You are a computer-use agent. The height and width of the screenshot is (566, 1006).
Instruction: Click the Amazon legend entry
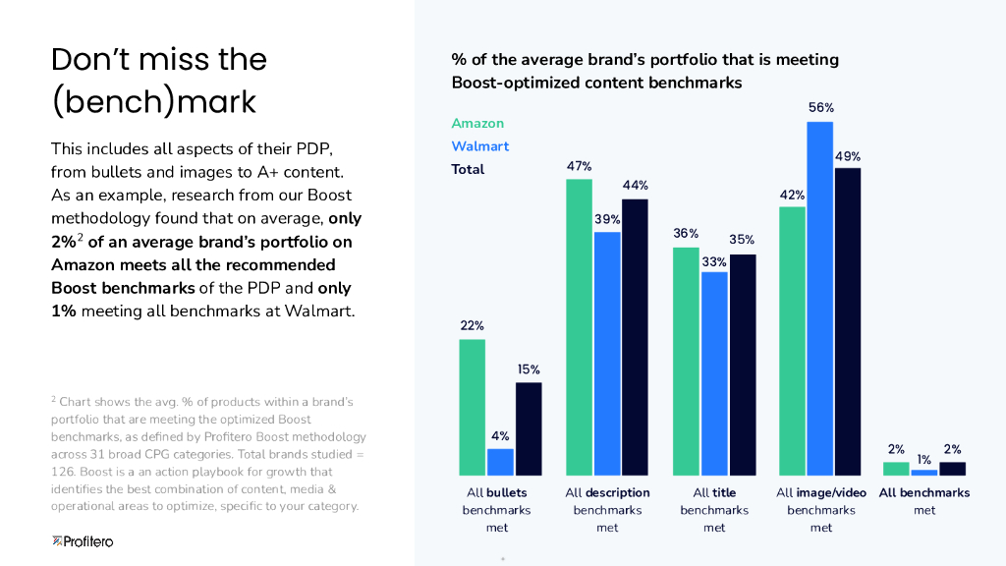pos(477,124)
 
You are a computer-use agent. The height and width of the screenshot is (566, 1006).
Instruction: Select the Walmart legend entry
pos(480,146)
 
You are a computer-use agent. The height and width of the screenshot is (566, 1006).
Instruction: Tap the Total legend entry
pos(468,169)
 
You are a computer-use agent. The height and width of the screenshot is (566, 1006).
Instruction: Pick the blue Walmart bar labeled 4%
pos(501,462)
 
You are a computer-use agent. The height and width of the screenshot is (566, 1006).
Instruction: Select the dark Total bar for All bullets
pos(529,428)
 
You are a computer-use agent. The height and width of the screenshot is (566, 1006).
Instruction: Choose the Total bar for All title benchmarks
pos(743,365)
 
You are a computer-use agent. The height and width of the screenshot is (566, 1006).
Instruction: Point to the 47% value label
pos(580,167)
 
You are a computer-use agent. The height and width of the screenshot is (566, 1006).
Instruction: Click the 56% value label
pos(821,108)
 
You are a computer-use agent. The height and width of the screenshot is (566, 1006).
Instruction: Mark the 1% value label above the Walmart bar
pos(924,459)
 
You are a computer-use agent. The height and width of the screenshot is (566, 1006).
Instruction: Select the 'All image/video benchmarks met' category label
pos(820,510)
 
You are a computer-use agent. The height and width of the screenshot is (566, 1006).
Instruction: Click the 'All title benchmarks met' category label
pos(714,510)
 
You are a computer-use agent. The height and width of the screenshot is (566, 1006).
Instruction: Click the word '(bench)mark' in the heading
pos(153,101)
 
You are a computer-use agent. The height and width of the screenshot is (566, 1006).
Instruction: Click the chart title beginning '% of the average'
pos(644,71)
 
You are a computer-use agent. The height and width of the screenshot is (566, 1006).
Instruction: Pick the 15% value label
pos(529,369)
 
